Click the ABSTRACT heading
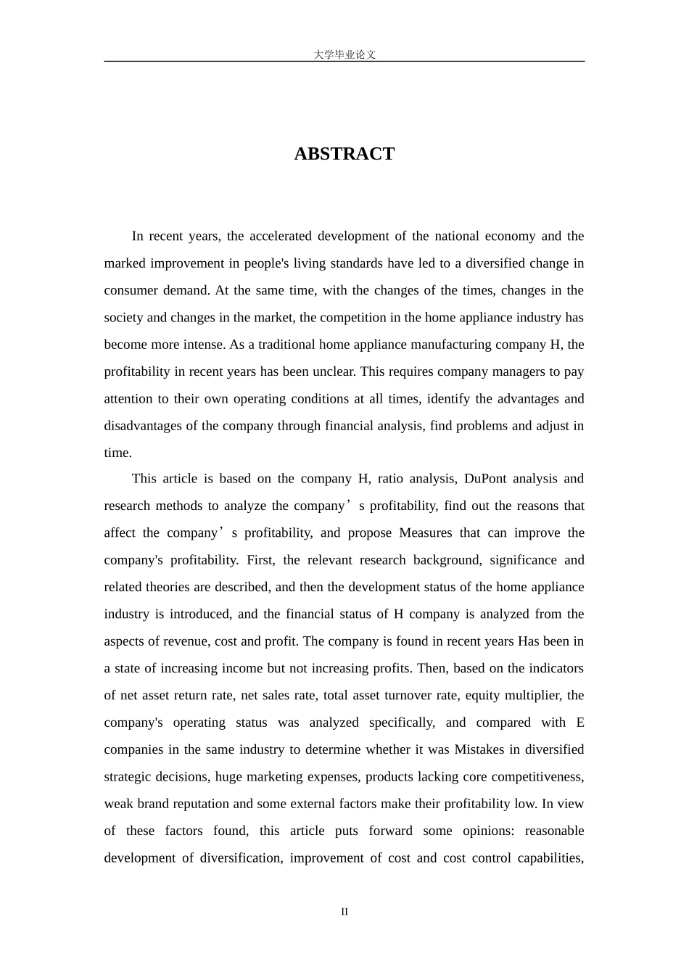click(x=344, y=154)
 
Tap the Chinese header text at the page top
click(x=344, y=54)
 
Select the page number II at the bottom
click(x=344, y=912)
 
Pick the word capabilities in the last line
click(x=550, y=858)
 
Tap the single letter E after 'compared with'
click(x=579, y=723)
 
